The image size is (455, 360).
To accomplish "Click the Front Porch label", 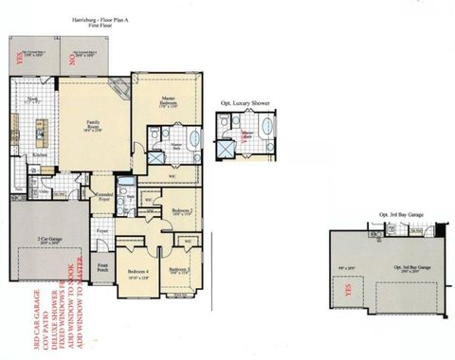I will tap(101, 268).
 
